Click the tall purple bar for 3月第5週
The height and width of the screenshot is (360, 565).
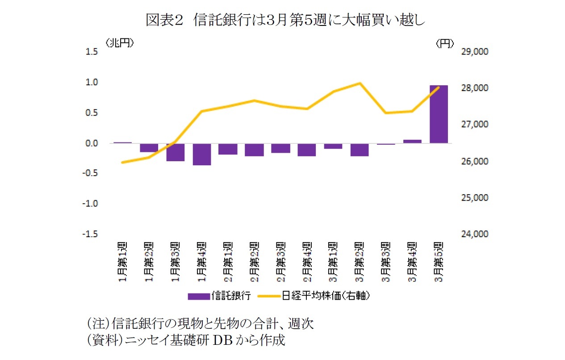coord(439,114)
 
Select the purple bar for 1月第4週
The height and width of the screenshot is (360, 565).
coord(202,155)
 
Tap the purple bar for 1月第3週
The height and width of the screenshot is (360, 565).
coord(176,152)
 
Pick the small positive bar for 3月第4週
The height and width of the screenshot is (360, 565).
coord(412,142)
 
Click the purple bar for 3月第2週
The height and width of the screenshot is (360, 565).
coord(360,150)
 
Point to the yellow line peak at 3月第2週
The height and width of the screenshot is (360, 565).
coord(360,83)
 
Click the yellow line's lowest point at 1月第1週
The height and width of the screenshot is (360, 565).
coord(123,162)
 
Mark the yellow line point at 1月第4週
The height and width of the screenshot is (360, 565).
coord(202,111)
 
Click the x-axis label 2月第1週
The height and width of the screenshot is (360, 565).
coord(228,261)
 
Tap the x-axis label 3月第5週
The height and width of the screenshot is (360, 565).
coord(439,261)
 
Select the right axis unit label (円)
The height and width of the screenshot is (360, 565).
coord(445,43)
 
